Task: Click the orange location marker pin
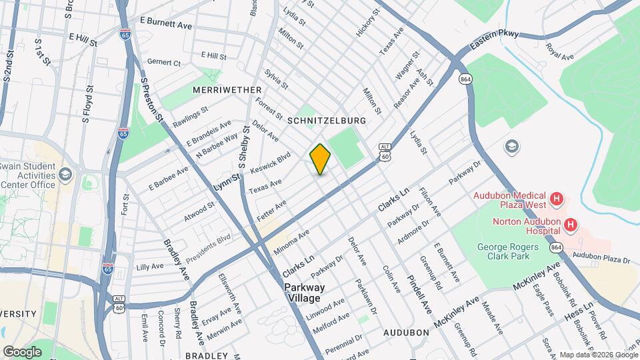pyautogui.click(x=320, y=159)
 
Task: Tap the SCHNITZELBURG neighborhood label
pyautogui.click(x=327, y=121)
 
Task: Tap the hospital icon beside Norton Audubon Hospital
pyautogui.click(x=570, y=225)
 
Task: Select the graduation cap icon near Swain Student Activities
pyautogui.click(x=65, y=175)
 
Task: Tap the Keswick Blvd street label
pyautogui.click(x=270, y=162)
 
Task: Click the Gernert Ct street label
pyautogui.click(x=163, y=63)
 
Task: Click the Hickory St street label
pyautogui.click(x=367, y=22)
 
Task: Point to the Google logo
pyautogui.click(x=22, y=351)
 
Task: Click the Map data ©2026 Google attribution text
pyautogui.click(x=597, y=355)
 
